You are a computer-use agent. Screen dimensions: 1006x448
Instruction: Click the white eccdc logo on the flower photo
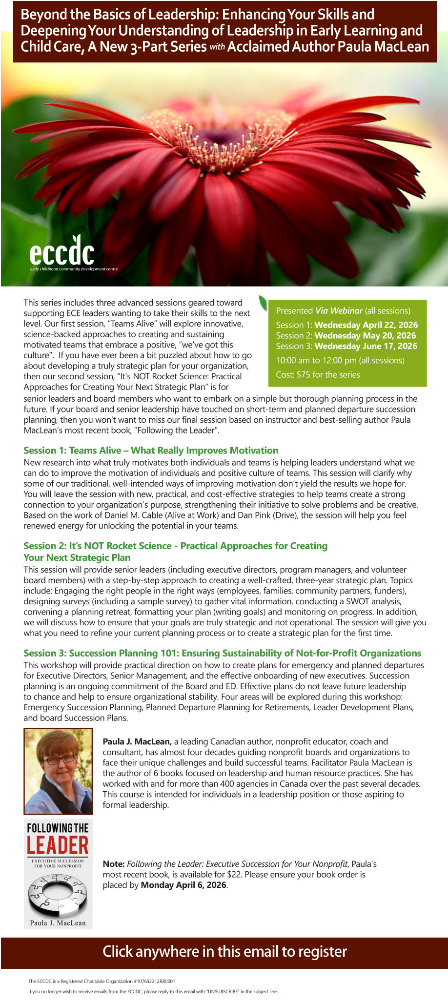tap(62, 251)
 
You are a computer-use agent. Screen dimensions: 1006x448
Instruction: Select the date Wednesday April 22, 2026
tap(366, 325)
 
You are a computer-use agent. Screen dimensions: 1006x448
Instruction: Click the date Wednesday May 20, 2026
tap(365, 336)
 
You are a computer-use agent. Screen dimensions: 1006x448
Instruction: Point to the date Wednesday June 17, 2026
tap(366, 346)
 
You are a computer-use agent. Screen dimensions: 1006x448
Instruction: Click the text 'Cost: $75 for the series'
tap(318, 375)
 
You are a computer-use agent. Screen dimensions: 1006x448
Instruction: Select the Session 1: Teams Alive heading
tap(151, 451)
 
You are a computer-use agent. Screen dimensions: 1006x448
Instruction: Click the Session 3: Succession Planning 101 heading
tap(222, 653)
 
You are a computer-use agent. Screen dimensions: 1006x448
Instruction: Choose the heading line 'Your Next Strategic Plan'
tap(77, 557)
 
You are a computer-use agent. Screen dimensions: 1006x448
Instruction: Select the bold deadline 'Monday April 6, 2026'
tap(183, 885)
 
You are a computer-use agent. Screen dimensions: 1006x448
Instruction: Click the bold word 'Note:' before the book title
tap(114, 864)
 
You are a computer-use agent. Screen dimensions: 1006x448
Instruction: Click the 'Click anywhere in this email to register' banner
tap(224, 951)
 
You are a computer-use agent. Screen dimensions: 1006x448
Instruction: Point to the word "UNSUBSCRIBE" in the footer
tap(222, 992)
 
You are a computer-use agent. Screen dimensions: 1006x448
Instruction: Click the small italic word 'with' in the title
tap(217, 48)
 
